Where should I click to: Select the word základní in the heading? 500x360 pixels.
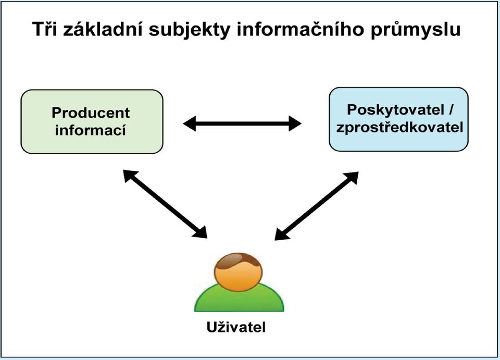pos(103,29)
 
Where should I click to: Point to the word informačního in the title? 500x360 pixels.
pos(300,29)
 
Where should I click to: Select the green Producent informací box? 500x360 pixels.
pos(92,122)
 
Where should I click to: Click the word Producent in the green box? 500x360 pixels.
pos(91,113)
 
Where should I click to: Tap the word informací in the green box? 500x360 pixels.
pos(91,130)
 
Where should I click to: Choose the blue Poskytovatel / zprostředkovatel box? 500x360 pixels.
pos(398,119)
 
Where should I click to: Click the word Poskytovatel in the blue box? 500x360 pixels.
pos(396,110)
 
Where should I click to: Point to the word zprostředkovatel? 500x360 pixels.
pos(399,128)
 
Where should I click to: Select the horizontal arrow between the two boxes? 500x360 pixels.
pos(242,123)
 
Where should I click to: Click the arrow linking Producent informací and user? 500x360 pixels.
pos(165,204)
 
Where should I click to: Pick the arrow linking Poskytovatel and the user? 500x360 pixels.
pos(316,206)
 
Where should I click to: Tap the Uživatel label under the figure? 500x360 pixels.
pos(236,327)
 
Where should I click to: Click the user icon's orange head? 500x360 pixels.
pos(238,275)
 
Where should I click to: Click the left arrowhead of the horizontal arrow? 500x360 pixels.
pos(190,123)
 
